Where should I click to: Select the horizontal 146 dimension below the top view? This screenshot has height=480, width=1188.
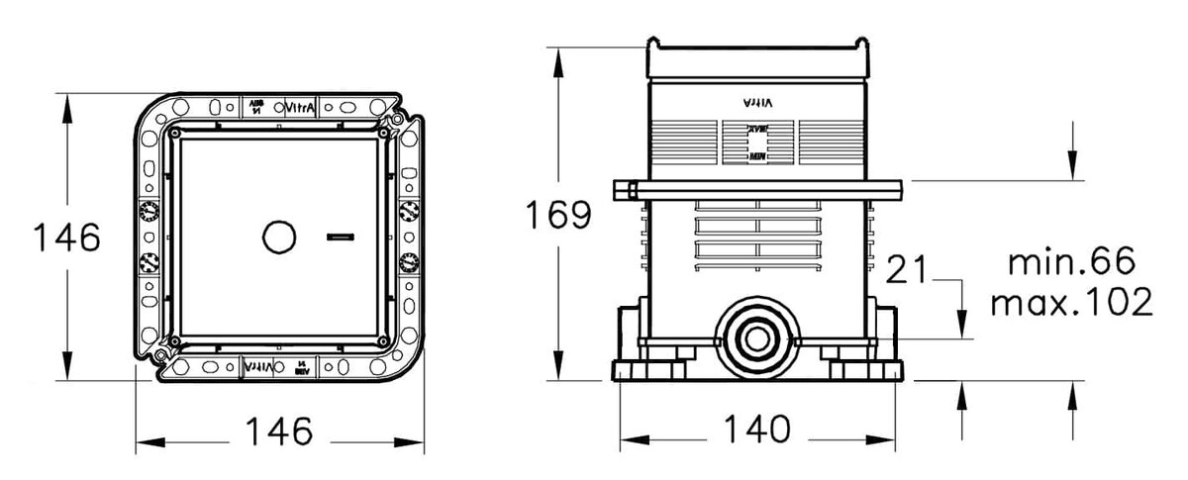tap(279, 432)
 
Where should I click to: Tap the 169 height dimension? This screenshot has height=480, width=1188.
tap(558, 215)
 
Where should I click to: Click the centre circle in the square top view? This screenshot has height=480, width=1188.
tap(279, 238)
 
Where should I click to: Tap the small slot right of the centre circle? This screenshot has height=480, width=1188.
tap(340, 238)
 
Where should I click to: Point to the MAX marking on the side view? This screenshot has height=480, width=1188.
tap(755, 129)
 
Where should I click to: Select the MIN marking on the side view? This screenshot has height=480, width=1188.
tap(755, 156)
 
